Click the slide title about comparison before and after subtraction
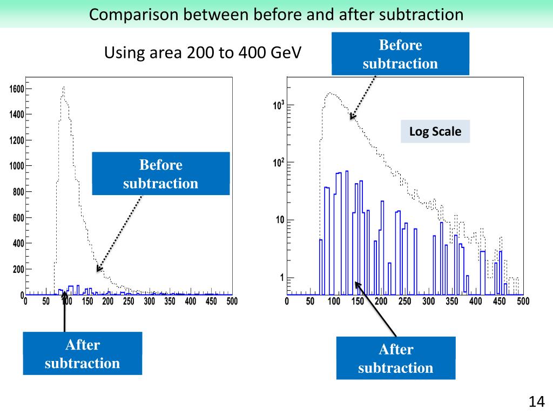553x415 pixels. [276, 14]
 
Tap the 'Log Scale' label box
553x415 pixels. [435, 131]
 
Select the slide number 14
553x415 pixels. [536, 401]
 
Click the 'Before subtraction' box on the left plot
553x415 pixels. [161, 173]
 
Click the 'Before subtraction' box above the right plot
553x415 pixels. [400, 53]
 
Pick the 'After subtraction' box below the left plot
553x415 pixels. [82, 353]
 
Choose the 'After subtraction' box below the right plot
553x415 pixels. [395, 358]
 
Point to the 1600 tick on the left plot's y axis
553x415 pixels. [16, 89]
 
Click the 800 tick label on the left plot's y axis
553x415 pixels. [17, 192]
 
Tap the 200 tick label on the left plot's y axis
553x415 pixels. [17, 269]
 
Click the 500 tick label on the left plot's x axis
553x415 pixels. [231, 302]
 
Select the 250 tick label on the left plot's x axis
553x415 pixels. [129, 302]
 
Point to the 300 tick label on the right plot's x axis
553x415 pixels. [428, 302]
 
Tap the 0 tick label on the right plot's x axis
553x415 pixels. [287, 302]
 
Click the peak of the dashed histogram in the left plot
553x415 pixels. [64, 87]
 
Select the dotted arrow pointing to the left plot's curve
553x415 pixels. [120, 233]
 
